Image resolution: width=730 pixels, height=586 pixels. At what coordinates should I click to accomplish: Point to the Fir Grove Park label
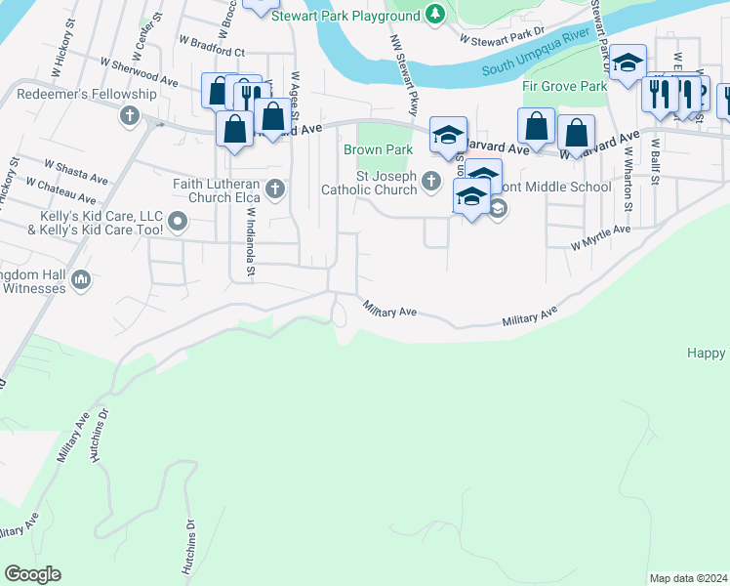[565, 86]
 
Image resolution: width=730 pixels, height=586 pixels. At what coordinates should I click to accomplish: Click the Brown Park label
[378, 149]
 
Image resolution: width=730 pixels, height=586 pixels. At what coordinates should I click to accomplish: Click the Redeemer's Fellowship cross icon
[130, 116]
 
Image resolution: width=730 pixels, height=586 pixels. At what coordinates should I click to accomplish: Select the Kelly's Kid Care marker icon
[178, 222]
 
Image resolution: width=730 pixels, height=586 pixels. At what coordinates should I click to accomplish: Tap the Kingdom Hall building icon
[81, 281]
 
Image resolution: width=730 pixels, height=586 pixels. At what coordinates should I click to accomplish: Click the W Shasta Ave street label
[76, 171]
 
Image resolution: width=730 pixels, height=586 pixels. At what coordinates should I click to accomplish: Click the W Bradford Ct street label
[212, 47]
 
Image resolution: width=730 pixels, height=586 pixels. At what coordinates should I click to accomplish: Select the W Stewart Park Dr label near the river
[502, 37]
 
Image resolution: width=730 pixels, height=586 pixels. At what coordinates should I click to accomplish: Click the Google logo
[32, 574]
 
